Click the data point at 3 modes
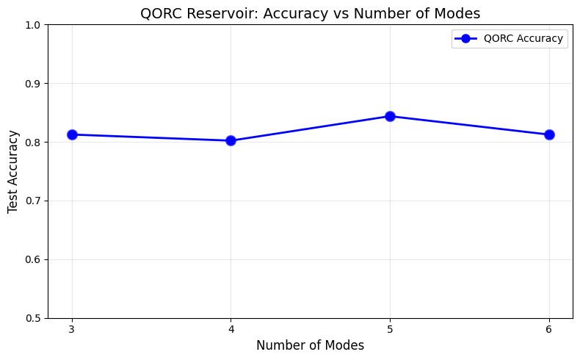[x=72, y=134]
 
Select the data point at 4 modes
[x=231, y=140]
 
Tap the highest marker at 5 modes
[x=390, y=116]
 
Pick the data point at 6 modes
[x=549, y=134]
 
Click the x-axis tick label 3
[x=72, y=329]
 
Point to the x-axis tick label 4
[x=231, y=329]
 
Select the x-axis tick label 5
[x=390, y=329]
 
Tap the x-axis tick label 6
[x=549, y=329]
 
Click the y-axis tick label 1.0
[x=33, y=25]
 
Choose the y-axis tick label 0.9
[x=33, y=84]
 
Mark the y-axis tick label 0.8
[x=33, y=143]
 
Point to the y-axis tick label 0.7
[x=33, y=201]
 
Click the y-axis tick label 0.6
[x=33, y=260]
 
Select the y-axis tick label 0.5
[x=33, y=319]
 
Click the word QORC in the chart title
[x=159, y=12]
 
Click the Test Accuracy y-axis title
[x=13, y=171]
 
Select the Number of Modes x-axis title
[x=310, y=345]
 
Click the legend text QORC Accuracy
[x=523, y=39]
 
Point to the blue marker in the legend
[x=465, y=39]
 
